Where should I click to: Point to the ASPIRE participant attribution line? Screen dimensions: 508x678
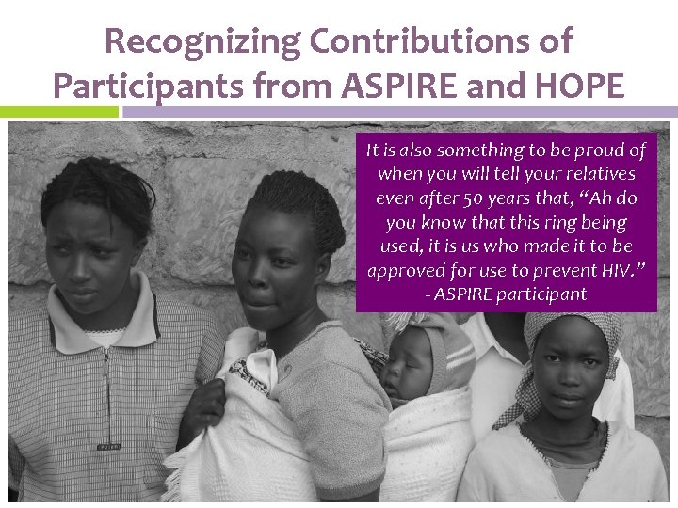coord(506,295)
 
